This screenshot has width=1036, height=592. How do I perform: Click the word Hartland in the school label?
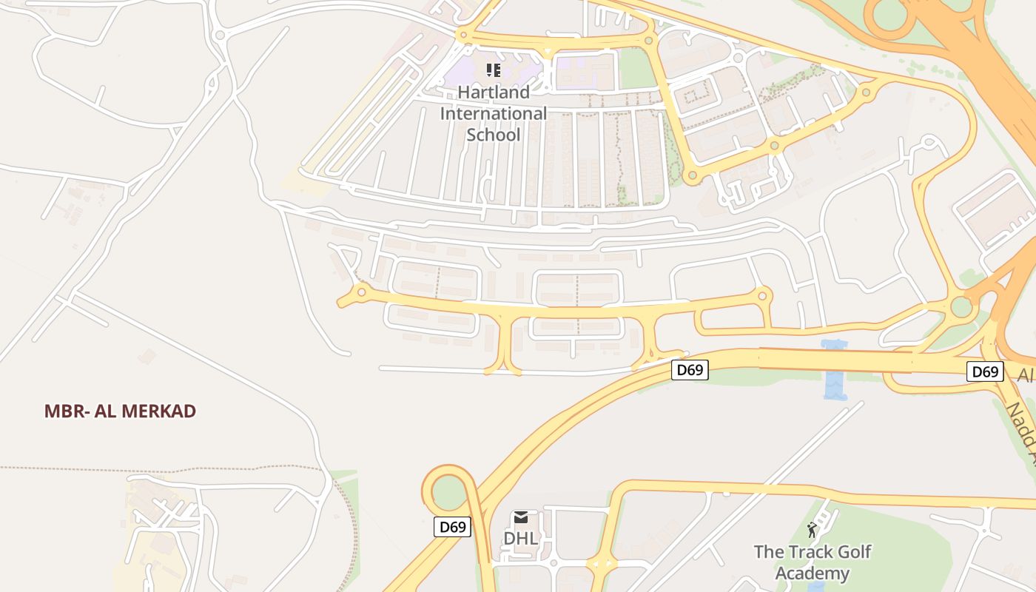point(494,92)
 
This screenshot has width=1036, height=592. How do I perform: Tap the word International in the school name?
point(494,114)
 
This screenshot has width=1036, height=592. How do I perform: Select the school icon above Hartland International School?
point(494,70)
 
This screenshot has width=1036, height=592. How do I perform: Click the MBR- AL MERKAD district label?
point(120,411)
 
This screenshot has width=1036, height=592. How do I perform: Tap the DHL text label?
point(521,538)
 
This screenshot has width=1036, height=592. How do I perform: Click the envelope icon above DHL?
point(521,518)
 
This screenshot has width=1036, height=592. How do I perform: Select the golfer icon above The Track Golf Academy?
point(813,530)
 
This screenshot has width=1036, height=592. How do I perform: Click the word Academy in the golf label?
point(813,573)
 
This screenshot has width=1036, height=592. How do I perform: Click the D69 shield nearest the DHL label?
point(452,527)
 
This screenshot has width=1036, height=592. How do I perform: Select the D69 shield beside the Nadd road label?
point(985,371)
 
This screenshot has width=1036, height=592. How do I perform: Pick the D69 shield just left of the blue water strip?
point(690,370)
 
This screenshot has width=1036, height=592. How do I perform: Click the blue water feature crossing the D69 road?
point(835,370)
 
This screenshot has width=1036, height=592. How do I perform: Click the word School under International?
point(494,135)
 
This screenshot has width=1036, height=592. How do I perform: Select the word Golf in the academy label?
point(855,552)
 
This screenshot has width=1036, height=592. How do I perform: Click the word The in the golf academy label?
point(768,552)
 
